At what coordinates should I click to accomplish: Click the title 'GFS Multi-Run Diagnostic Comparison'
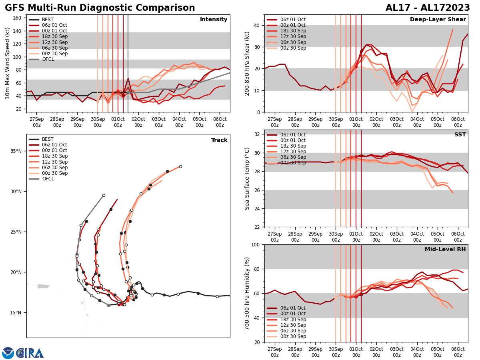point(100,8)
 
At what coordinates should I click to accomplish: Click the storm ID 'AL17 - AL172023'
point(428,8)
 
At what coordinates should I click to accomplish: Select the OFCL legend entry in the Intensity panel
point(48,59)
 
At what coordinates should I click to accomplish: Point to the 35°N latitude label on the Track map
point(16,151)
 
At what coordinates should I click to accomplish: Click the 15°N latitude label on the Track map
point(16,313)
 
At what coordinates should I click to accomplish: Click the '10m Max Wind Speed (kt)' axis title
point(8,63)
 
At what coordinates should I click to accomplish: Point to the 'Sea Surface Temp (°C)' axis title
point(247,178)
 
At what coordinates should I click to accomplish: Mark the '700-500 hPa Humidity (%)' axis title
point(247,293)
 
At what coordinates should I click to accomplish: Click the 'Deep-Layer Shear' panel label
point(438,20)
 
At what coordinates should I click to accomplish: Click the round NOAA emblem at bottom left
point(8,353)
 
